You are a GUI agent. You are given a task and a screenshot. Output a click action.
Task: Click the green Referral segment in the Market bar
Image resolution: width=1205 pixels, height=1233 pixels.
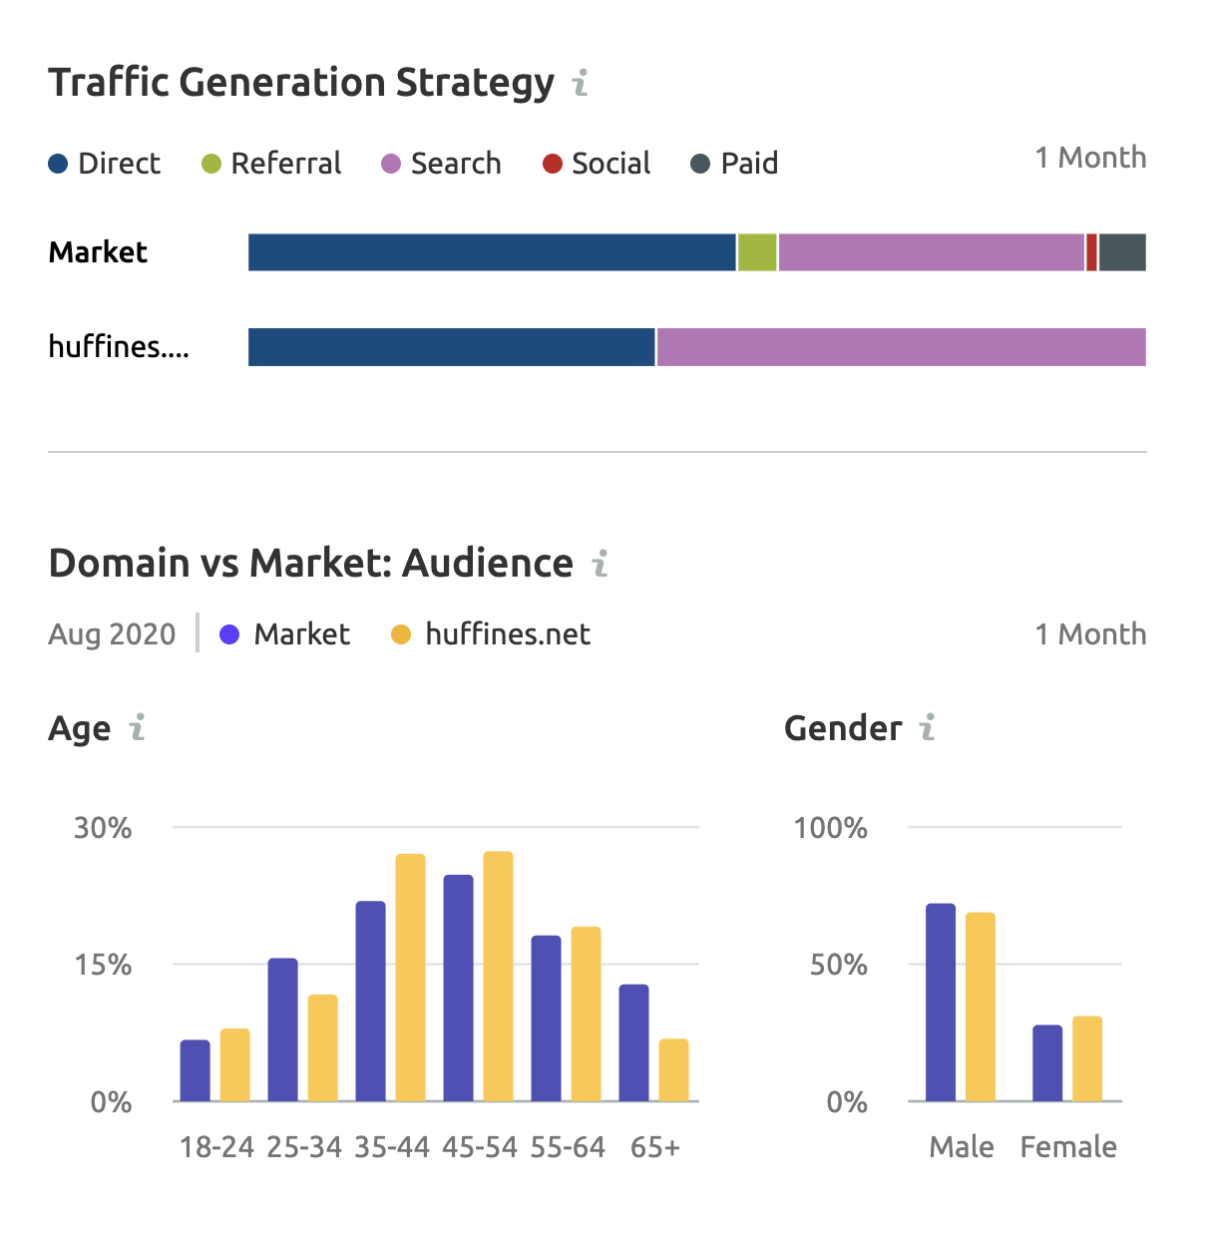[x=757, y=252]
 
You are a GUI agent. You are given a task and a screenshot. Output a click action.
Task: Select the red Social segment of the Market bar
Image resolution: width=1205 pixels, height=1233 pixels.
[x=1091, y=252]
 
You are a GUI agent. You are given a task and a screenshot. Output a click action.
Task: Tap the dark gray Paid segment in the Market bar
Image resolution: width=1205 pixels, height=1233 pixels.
[x=1122, y=252]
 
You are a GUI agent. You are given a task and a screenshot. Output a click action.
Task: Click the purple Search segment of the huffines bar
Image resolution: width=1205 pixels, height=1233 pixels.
[x=901, y=347]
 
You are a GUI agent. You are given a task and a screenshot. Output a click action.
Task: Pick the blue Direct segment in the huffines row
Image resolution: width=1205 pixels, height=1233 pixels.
[x=451, y=347]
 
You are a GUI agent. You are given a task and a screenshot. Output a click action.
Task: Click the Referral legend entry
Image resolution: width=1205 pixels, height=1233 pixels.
[x=271, y=164]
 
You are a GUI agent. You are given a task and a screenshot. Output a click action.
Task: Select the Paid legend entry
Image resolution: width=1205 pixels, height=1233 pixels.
[x=735, y=164]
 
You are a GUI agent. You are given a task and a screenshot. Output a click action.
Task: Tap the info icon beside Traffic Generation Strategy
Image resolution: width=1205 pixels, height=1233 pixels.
[x=581, y=82]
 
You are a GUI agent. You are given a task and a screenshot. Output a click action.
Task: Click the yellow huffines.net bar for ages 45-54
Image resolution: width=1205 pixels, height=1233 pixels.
[x=498, y=977]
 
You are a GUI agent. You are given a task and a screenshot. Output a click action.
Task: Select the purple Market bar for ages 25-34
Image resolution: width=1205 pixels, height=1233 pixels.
[x=282, y=1029]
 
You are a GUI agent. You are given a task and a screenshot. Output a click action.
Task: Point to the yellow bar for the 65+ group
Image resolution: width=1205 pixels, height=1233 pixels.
[x=673, y=1070]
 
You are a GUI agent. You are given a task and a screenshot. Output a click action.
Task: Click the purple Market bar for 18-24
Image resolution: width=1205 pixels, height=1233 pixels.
[x=195, y=1070]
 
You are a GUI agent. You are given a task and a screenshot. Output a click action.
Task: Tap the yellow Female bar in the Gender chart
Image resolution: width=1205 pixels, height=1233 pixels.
[x=1087, y=1058]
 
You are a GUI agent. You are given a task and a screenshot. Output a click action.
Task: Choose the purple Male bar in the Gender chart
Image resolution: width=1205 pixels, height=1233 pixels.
[x=940, y=1003]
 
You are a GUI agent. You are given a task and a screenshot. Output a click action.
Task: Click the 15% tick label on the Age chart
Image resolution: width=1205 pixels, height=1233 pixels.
[x=103, y=965]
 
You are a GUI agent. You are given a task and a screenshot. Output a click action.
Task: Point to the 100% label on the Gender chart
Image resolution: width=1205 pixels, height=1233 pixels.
[x=830, y=828]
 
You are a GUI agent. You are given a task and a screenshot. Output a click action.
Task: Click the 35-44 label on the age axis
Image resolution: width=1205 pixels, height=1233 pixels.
[x=392, y=1147]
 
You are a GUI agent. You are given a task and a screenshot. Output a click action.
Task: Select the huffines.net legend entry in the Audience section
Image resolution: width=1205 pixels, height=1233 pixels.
[x=491, y=634]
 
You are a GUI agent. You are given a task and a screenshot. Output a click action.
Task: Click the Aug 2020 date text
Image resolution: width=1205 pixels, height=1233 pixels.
[x=112, y=634]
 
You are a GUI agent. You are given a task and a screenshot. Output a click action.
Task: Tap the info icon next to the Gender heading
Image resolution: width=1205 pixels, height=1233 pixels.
[x=927, y=728]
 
